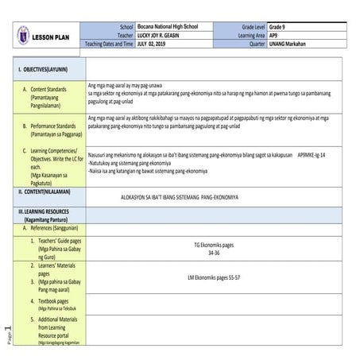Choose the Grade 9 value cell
point(280,28)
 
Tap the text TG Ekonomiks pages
point(213,245)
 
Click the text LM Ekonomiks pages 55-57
point(213,277)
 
